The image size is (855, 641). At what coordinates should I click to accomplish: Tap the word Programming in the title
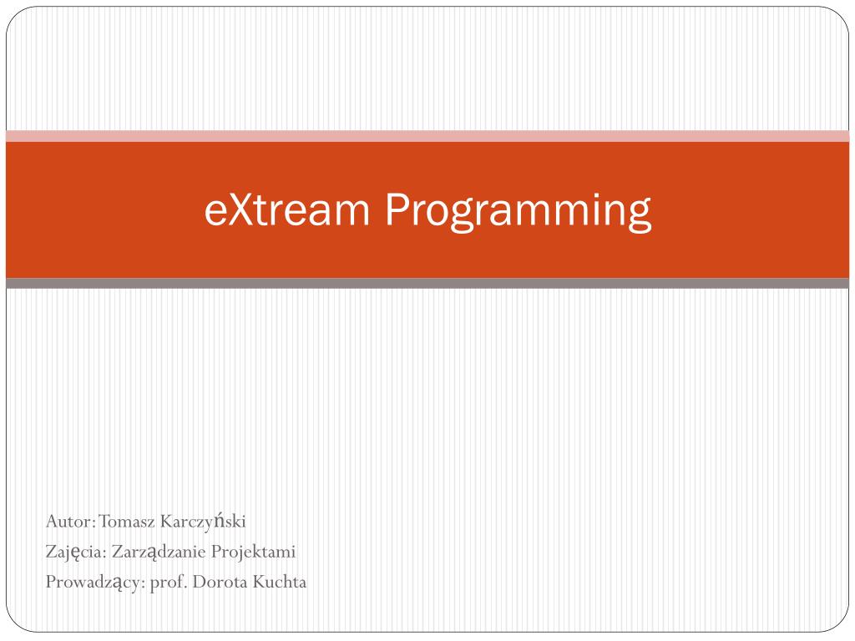(518, 210)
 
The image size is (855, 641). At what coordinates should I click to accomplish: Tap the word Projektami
(254, 553)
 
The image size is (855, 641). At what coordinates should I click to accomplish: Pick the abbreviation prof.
(168, 583)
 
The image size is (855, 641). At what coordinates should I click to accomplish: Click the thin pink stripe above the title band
(427, 136)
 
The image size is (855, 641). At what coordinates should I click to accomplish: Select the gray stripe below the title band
(427, 284)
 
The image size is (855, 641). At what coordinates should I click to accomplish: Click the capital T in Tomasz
(104, 522)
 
